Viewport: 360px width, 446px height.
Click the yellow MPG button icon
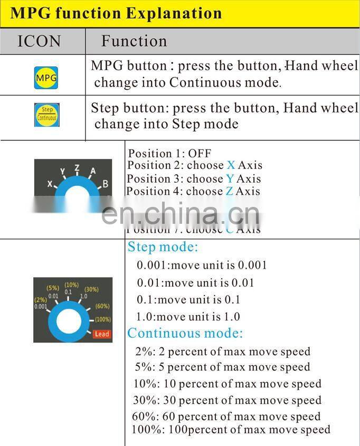[x=46, y=78]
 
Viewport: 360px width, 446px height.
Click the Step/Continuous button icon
[x=46, y=115]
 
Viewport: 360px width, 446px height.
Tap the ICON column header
[x=39, y=41]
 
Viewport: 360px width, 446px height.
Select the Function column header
[x=134, y=41]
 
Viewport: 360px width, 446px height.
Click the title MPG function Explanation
[x=116, y=13]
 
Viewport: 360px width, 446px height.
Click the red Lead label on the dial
[x=101, y=334]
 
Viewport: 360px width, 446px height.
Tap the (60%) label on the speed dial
[x=102, y=306]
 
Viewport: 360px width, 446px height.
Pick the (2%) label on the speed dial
[x=41, y=300]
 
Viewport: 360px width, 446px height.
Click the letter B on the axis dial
[x=106, y=184]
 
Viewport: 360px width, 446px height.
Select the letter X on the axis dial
[x=50, y=184]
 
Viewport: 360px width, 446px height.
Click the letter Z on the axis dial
[x=77, y=168]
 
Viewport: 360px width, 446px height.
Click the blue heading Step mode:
[x=163, y=247]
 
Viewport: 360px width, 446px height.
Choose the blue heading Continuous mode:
[x=185, y=333]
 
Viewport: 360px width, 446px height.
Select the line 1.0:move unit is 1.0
[x=188, y=317]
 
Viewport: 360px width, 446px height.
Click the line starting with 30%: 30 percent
[x=227, y=400]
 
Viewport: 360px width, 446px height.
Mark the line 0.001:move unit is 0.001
[x=202, y=265]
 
